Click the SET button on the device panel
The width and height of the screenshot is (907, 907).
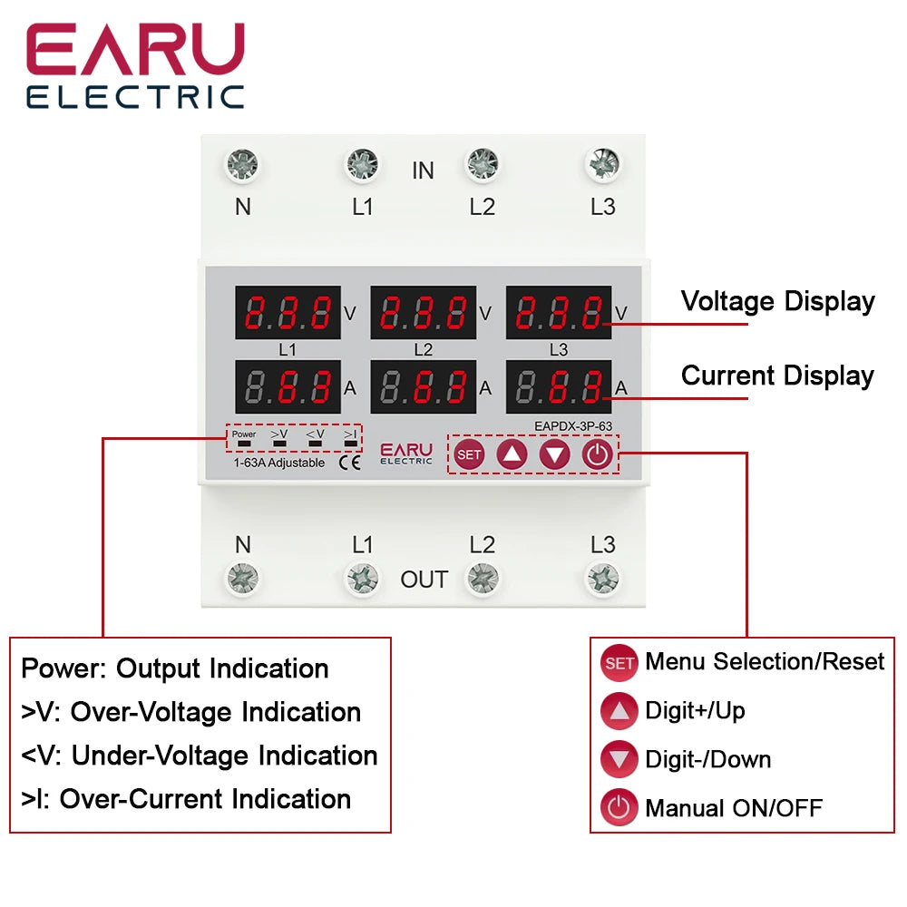coord(469,454)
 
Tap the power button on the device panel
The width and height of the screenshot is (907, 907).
coord(597,454)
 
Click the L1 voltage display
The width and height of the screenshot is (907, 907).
coord(288,314)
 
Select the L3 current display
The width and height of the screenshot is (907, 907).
coord(558,387)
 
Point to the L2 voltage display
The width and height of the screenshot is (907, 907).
coord(423,314)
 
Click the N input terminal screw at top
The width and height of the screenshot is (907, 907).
coord(242,165)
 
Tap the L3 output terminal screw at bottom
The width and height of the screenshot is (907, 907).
coord(602,577)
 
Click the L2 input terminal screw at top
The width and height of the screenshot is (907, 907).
coord(482,165)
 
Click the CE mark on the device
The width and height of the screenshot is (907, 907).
coord(348,463)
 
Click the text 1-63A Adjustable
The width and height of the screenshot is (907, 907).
coord(273,463)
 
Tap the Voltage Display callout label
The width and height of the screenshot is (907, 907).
coord(777,302)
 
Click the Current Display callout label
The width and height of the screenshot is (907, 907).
coord(777,376)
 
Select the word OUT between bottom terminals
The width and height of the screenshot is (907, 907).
coord(424,580)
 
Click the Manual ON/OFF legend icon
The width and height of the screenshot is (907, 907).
coord(619,807)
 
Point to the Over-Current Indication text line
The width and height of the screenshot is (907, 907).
coord(186,799)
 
